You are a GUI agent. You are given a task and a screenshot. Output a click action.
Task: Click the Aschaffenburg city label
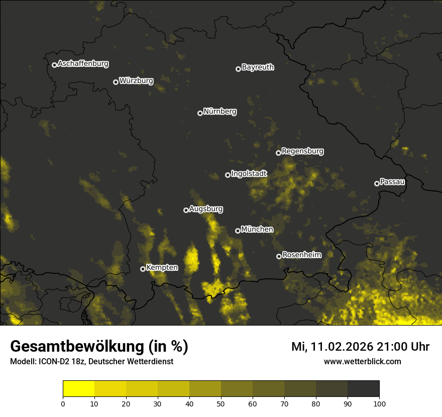(83, 64)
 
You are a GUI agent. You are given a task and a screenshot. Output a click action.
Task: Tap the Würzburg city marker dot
(116, 82)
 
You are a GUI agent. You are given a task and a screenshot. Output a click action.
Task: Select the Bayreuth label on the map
(258, 67)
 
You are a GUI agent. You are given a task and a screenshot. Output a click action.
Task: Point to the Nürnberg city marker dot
(200, 113)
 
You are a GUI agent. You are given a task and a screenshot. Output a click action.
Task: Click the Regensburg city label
(302, 151)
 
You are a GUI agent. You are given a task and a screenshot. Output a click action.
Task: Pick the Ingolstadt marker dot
(228, 175)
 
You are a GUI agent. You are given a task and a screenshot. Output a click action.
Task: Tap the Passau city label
(392, 181)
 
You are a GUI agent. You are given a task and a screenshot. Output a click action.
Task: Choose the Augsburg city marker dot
(186, 210)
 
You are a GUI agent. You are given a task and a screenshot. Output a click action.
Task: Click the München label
(257, 229)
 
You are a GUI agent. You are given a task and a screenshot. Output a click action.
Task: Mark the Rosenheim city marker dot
(279, 256)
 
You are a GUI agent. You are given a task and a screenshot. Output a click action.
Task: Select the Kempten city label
(162, 267)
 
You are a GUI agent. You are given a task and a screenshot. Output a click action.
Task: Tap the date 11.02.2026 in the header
(342, 347)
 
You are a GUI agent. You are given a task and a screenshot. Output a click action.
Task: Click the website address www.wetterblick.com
(362, 361)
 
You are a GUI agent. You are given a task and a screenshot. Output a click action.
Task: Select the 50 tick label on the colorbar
(221, 403)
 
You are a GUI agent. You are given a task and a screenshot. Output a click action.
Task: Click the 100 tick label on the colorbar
(379, 403)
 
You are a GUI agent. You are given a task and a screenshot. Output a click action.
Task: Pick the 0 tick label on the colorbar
(63, 403)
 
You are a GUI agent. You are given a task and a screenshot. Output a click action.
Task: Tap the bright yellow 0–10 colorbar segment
(78, 389)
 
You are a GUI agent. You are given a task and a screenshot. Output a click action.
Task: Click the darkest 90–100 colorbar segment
(363, 389)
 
